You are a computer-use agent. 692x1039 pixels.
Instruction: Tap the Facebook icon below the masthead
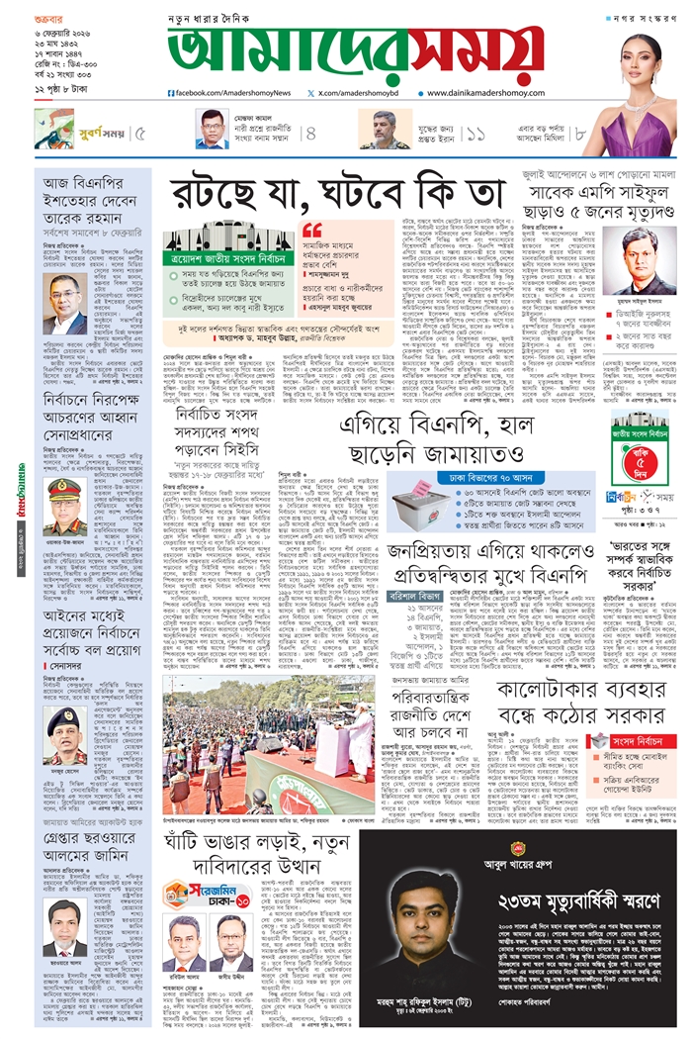(172, 93)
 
